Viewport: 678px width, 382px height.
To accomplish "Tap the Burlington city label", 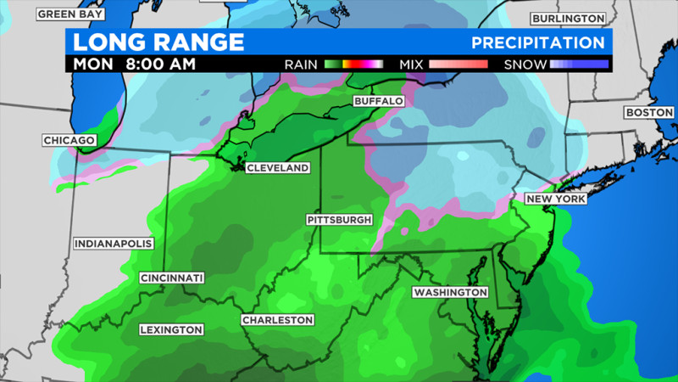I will pos(568,18).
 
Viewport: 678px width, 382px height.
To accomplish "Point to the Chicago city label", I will pos(68,140).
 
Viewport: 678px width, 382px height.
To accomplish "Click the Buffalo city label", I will pos(378,100).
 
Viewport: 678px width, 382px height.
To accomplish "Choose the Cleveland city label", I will pos(277,168).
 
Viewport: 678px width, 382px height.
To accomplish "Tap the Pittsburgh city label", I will pos(339,220).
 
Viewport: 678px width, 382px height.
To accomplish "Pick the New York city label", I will pos(556,199).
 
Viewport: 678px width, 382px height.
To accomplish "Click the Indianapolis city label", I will pos(114,244).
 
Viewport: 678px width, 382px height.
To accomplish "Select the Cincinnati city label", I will pos(172,278).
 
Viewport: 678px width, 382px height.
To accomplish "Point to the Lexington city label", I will pos(172,329).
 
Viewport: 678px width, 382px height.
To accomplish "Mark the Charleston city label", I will pos(278,320).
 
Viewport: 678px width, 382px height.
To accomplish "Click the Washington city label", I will pos(450,292).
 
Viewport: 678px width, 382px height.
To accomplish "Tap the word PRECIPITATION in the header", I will pos(538,42).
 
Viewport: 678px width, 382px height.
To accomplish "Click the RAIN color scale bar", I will pos(353,64).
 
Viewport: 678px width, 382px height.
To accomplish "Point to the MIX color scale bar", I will pos(458,64).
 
